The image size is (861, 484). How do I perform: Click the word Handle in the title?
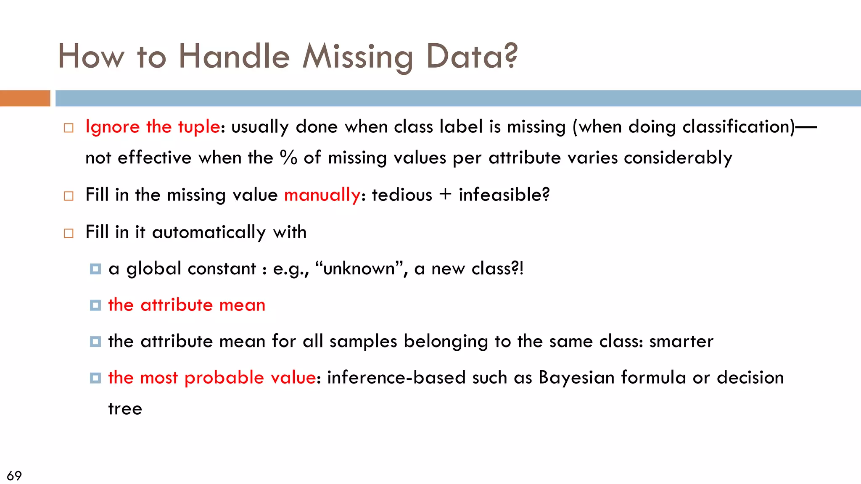pyautogui.click(x=234, y=56)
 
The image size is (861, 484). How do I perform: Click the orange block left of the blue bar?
pyautogui.click(x=25, y=98)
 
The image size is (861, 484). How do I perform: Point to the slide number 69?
pyautogui.click(x=14, y=476)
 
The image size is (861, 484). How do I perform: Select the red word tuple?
pyautogui.click(x=199, y=127)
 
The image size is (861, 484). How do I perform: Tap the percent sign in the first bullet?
pyautogui.click(x=289, y=158)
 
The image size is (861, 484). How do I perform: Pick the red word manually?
pyautogui.click(x=322, y=195)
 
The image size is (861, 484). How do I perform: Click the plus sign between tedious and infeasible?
pyautogui.click(x=445, y=195)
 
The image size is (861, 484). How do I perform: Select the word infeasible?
pyautogui.click(x=504, y=195)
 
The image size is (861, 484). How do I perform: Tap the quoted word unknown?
pyautogui.click(x=359, y=269)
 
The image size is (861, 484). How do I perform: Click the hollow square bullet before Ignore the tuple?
pyautogui.click(x=69, y=128)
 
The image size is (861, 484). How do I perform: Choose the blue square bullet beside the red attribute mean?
pyautogui.click(x=95, y=305)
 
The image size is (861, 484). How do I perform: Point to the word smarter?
pyautogui.click(x=681, y=342)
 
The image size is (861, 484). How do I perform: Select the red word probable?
pyautogui.click(x=224, y=378)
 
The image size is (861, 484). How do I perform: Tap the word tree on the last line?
pyautogui.click(x=125, y=409)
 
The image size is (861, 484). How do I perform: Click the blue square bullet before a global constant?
pyautogui.click(x=95, y=269)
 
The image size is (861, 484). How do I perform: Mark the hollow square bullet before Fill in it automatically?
pyautogui.click(x=69, y=233)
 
